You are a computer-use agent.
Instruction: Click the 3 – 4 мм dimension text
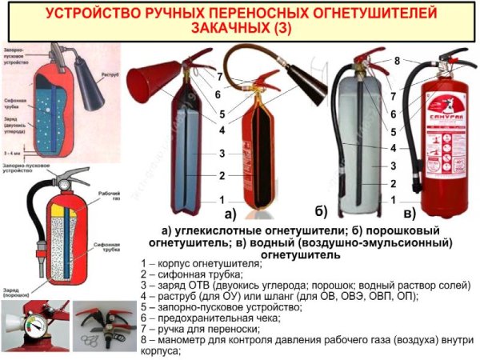pos(14,150)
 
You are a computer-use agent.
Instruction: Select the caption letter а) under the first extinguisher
pos(230,214)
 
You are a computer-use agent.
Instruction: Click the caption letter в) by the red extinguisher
pos(408,214)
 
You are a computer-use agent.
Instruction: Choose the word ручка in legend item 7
pos(170,328)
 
